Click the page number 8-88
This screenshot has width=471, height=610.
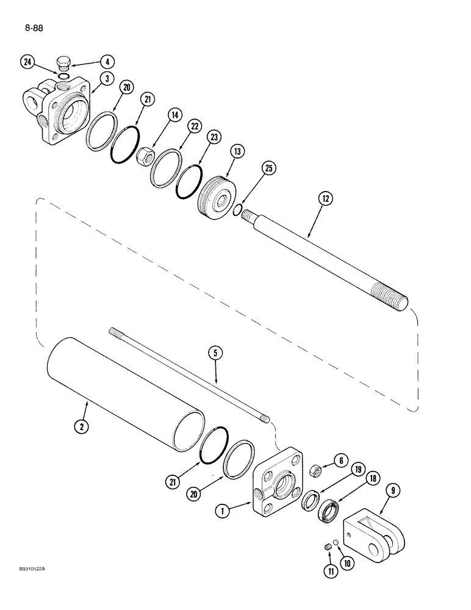click(30, 28)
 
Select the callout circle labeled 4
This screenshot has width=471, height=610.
click(107, 62)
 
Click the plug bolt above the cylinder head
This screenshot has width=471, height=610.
click(63, 62)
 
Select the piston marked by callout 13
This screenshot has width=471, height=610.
click(218, 193)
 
